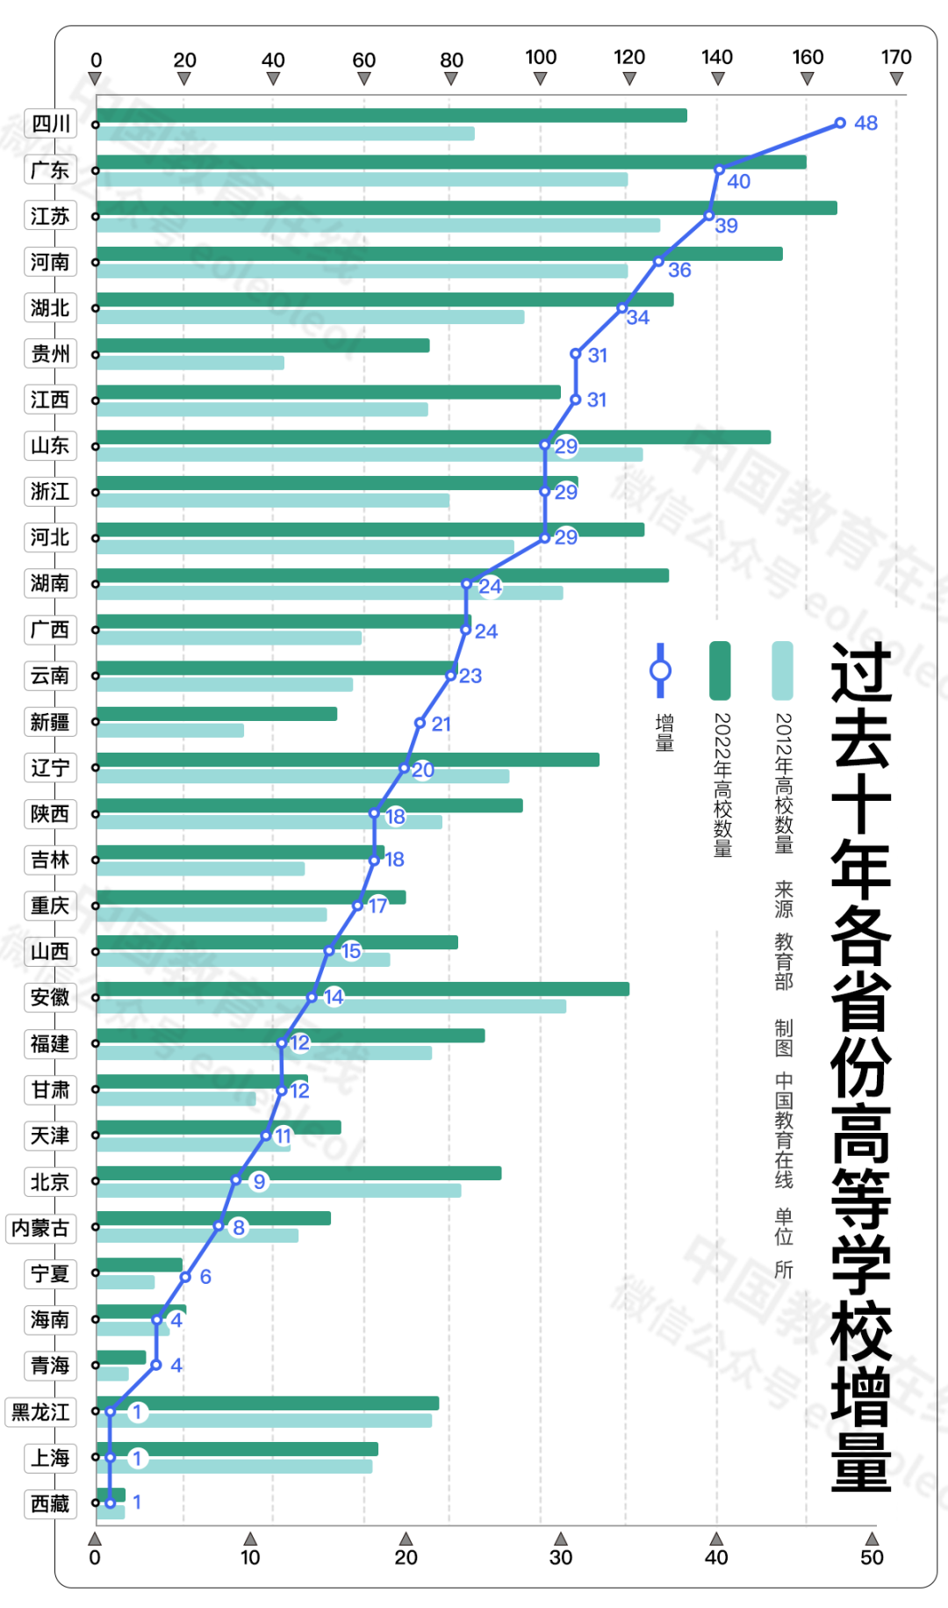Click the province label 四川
(51, 124)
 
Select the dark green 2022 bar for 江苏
(465, 208)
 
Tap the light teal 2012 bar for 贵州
(190, 363)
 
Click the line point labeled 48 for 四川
(840, 123)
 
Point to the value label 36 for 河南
(679, 270)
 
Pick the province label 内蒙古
(40, 1228)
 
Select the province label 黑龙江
(40, 1412)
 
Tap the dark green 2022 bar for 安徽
(363, 989)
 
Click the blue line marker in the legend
(660, 671)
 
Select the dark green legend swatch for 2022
(720, 671)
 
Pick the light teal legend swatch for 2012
(782, 671)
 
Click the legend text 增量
(664, 733)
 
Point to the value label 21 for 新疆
(441, 725)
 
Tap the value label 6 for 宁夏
(205, 1277)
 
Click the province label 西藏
(50, 1504)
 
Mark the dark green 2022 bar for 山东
(434, 437)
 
